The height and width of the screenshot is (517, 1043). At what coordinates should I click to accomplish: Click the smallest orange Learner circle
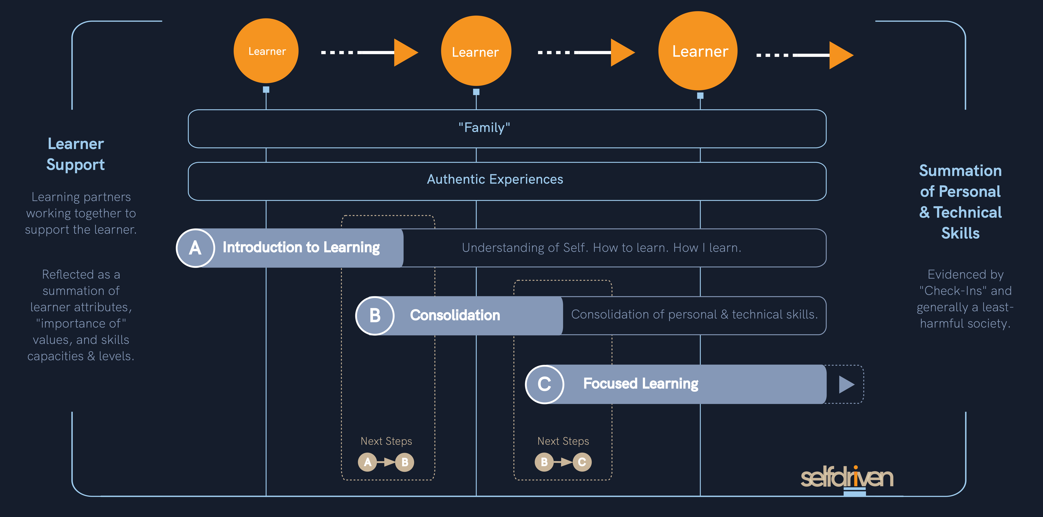coord(266,51)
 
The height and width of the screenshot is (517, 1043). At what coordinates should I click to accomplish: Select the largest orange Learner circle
coord(698,51)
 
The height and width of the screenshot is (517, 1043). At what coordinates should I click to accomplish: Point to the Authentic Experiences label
coord(495,179)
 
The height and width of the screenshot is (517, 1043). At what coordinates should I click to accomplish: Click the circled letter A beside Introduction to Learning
coord(195,248)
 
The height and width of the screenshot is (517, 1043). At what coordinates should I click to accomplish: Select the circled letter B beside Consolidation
coord(375,315)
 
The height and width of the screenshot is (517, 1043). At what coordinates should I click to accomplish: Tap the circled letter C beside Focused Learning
coord(544,384)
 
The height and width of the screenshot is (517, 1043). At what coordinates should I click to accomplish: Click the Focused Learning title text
coord(641,383)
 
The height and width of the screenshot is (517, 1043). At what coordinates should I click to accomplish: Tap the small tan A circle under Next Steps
coord(367,462)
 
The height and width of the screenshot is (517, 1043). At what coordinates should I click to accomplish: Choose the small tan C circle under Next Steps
coord(582,462)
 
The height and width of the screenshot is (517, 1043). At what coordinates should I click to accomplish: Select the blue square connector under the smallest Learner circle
coord(266,89)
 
